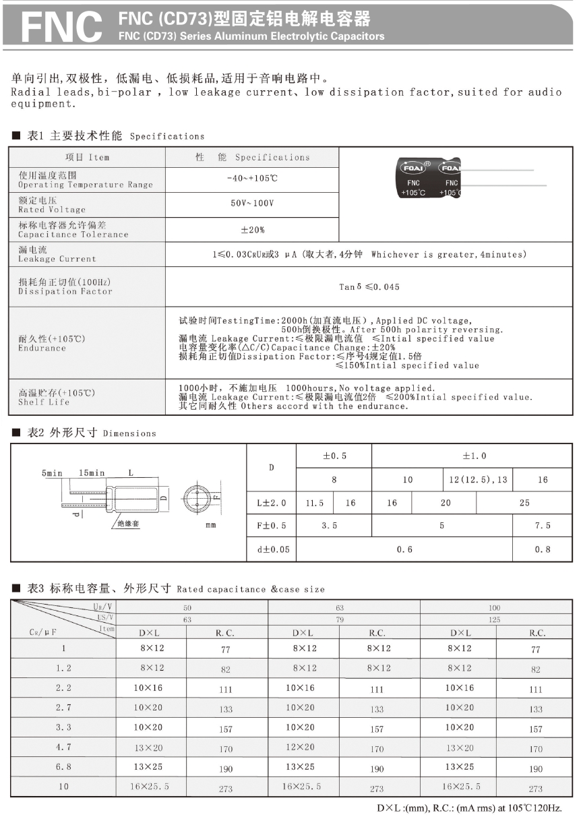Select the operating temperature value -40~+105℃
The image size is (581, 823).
coord(252,179)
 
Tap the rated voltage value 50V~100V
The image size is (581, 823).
coord(252,204)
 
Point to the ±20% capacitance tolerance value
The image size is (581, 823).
coord(252,230)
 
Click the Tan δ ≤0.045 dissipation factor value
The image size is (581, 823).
coord(369,286)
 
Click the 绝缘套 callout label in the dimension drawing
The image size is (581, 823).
coord(128,523)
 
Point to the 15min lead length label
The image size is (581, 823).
coord(92,473)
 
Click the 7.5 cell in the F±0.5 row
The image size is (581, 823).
coord(543,526)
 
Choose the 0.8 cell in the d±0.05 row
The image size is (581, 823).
coord(543,549)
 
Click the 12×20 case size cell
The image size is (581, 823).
coord(300,747)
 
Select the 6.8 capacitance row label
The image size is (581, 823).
coord(64,767)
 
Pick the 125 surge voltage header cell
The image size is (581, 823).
coord(495,619)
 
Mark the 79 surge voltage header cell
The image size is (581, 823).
coord(340,619)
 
